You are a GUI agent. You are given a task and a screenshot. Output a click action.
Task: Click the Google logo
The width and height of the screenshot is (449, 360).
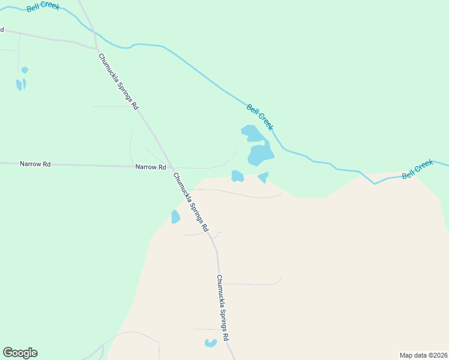[20, 353]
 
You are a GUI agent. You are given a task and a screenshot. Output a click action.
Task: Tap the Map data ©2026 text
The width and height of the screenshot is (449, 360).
[423, 355]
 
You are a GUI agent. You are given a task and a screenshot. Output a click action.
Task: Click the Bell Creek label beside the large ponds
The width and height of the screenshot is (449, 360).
[260, 117]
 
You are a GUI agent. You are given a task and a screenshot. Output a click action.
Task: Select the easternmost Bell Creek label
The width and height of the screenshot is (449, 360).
[417, 169]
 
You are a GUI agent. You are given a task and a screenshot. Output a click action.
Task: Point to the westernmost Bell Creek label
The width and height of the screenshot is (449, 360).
[43, 7]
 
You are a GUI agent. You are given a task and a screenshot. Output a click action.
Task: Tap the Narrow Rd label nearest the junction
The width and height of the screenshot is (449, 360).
[150, 167]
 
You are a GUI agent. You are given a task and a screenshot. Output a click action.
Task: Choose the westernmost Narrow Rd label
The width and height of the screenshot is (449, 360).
[35, 163]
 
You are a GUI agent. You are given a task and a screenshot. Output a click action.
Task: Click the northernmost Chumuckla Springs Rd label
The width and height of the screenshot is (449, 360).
[119, 81]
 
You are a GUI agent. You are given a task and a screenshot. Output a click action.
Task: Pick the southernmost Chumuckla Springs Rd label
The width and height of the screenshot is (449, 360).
[223, 308]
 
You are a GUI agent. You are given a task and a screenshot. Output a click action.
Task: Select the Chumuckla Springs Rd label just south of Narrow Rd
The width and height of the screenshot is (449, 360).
[190, 202]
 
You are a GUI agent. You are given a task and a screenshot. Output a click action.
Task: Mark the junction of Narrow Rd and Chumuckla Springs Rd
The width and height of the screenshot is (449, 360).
[170, 167]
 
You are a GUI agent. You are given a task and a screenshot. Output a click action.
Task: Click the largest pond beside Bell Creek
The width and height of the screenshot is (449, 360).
[261, 155]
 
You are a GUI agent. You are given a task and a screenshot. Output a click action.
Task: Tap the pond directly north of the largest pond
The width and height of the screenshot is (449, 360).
[250, 132]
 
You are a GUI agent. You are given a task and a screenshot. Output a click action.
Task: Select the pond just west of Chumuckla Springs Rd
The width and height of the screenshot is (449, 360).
[175, 217]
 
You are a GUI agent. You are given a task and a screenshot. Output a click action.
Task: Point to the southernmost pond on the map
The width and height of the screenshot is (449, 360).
[210, 343]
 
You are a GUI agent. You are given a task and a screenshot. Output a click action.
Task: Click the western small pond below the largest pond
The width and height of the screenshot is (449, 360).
[237, 176]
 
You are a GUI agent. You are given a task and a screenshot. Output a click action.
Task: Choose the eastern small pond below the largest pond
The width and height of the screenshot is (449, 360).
[263, 177]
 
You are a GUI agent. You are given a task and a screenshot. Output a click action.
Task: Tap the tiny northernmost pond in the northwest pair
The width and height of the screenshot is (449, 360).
[25, 70]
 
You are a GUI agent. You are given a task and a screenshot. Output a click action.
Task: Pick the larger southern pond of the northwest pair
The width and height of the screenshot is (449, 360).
[20, 85]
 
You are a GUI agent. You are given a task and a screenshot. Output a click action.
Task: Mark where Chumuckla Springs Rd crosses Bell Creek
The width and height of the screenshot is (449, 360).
[95, 37]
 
